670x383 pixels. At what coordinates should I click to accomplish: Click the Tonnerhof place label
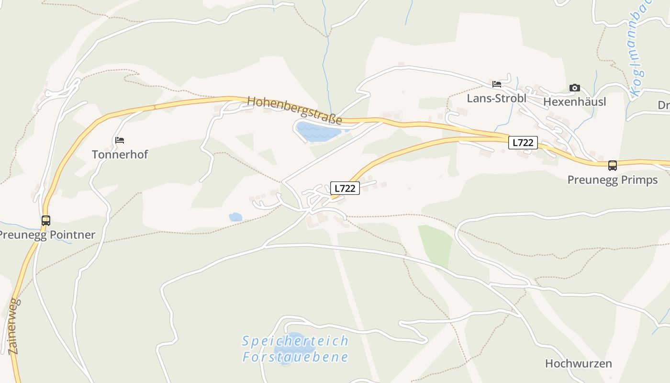120,155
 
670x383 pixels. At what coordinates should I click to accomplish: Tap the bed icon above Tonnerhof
120,140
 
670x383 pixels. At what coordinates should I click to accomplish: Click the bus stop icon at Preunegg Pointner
46,221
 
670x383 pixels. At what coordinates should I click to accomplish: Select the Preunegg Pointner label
47,235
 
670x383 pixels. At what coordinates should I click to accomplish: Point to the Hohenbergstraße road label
294,110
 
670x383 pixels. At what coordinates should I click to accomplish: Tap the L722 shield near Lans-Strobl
523,142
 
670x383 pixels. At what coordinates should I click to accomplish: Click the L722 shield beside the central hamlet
345,188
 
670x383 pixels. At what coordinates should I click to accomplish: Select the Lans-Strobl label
496,99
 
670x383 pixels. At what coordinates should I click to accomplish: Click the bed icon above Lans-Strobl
497,84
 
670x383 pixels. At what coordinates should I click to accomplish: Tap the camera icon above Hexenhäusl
574,88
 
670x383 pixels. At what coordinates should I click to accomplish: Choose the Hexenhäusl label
574,101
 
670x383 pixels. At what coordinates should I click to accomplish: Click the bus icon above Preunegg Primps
612,166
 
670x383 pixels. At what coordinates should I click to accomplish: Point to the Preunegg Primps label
612,180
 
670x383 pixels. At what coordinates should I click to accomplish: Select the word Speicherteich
295,341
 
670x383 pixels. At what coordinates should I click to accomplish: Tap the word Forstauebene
295,357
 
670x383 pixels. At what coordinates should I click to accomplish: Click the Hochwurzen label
578,363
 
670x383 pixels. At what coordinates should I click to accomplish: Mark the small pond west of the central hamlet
235,217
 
